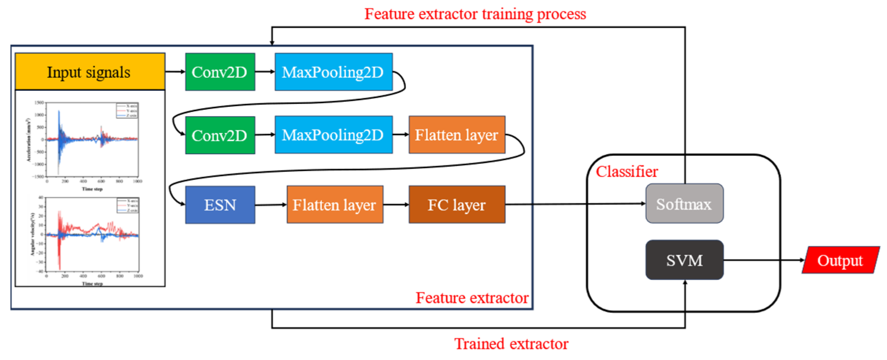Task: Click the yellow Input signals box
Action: click(x=90, y=72)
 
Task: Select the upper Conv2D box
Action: click(x=220, y=72)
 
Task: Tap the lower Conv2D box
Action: click(x=220, y=135)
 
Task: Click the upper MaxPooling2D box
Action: click(x=333, y=72)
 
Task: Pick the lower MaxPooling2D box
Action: click(x=333, y=135)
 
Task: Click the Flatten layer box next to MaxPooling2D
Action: click(x=457, y=135)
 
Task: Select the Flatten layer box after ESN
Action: click(x=334, y=205)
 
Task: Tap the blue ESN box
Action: click(x=220, y=205)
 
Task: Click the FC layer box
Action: click(x=457, y=205)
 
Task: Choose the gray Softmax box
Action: click(x=684, y=204)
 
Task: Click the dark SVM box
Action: click(x=684, y=260)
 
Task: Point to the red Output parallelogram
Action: click(x=840, y=260)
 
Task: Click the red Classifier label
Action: click(x=627, y=171)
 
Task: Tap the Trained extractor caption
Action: click(x=511, y=344)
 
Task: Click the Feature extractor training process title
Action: click(x=475, y=14)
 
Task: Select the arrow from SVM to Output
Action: click(x=762, y=260)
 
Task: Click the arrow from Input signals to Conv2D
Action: click(x=175, y=71)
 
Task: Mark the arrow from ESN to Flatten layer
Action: click(x=271, y=205)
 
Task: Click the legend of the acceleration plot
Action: click(x=127, y=111)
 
